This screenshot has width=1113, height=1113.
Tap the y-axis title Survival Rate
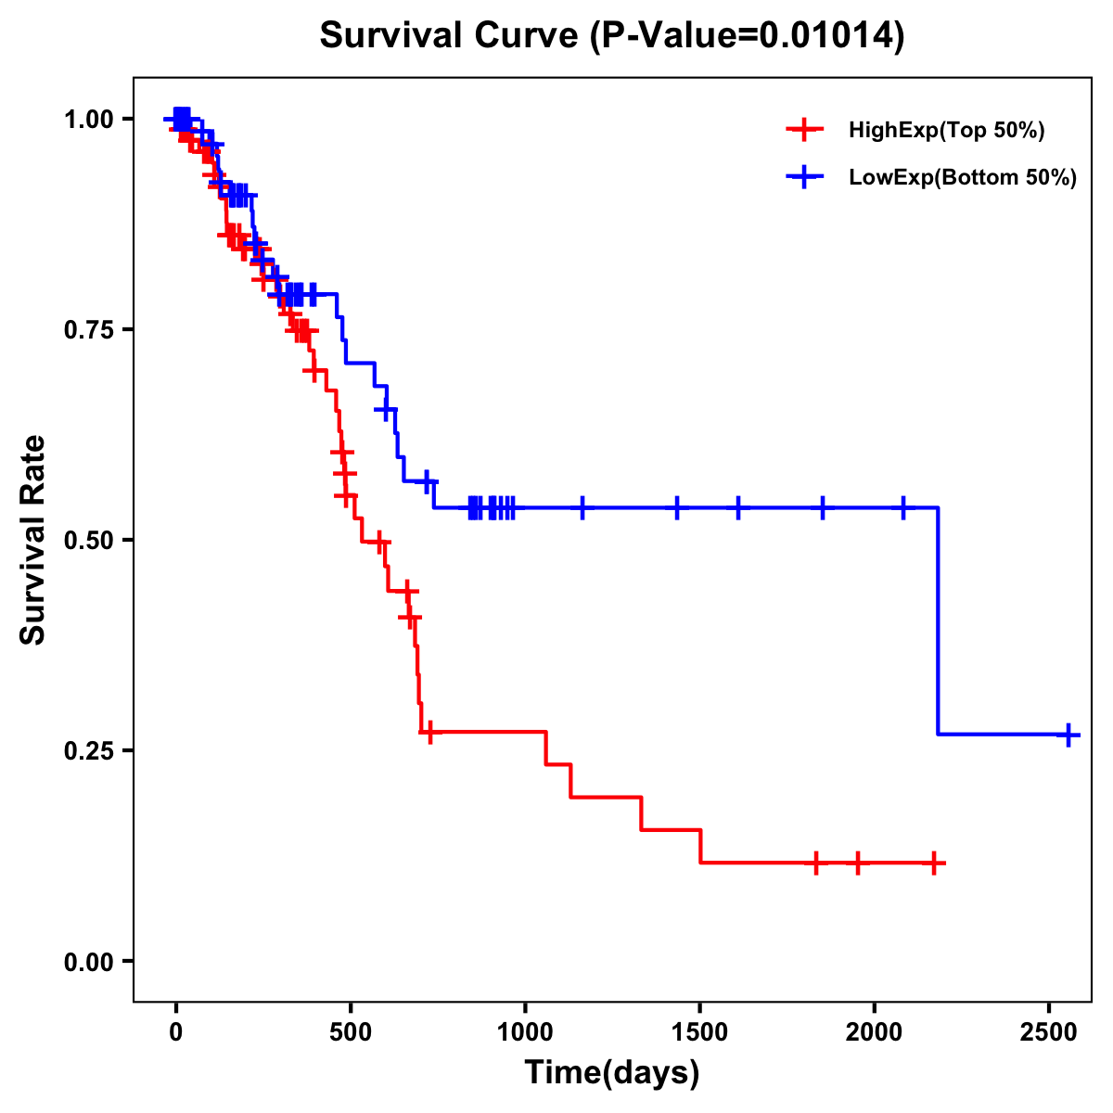[x=33, y=539]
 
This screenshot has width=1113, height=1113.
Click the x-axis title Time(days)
[x=612, y=1073]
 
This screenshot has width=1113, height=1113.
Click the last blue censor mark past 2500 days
[x=1068, y=735]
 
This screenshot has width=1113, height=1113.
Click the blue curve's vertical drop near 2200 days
[x=938, y=621]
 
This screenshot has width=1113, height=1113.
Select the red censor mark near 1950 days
[x=858, y=863]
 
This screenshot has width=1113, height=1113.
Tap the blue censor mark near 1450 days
[x=677, y=507]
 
